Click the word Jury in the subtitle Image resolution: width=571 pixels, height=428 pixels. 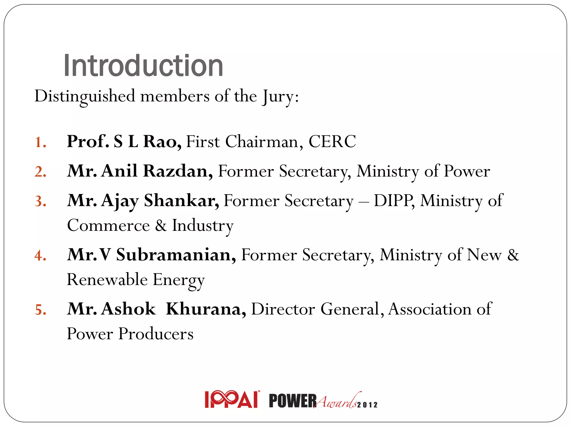pos(278,97)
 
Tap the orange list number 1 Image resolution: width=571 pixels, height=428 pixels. pos(40,142)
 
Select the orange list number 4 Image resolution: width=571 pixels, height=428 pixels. pos(40,256)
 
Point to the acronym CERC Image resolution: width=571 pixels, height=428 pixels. pos(332,142)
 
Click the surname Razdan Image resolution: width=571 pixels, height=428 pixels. pos(178,171)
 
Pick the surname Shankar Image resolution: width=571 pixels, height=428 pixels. pos(181,201)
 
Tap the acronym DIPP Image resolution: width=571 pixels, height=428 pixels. pos(394,200)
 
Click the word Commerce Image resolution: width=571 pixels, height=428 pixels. pos(108,225)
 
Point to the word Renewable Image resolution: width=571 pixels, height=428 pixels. pos(107,279)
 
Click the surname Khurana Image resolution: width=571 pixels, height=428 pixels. pos(206,309)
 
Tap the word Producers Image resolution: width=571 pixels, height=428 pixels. pos(156,334)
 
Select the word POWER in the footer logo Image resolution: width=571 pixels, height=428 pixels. pos(292,401)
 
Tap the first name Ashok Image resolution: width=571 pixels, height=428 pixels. pos(129,309)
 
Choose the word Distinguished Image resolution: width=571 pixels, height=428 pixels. pos(85,96)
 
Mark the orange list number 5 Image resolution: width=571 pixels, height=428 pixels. pos(40,310)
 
